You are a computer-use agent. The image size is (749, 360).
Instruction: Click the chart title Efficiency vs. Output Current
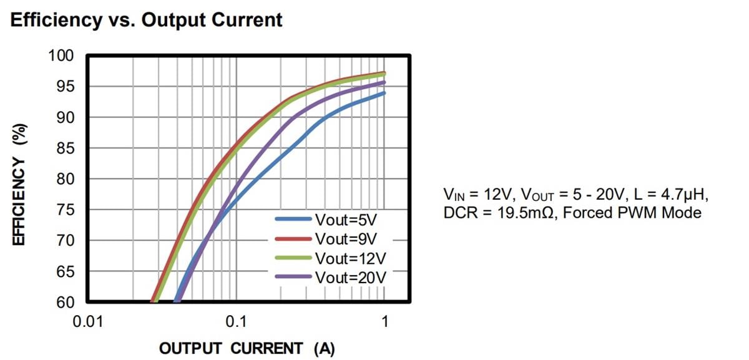147,20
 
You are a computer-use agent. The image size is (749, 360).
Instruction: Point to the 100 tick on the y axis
61,56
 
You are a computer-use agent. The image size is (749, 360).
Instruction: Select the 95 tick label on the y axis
66,87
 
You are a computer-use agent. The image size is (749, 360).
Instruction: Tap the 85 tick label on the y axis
66,148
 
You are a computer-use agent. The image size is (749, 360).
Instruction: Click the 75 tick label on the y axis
66,210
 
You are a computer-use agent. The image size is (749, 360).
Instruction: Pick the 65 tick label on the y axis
66,272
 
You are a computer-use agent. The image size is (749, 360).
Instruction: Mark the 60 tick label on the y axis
66,303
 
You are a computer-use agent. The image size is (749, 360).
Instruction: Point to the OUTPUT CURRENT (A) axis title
247,348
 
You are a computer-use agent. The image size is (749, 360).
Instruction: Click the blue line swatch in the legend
293,220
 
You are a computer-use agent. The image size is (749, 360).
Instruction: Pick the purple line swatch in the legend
293,276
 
